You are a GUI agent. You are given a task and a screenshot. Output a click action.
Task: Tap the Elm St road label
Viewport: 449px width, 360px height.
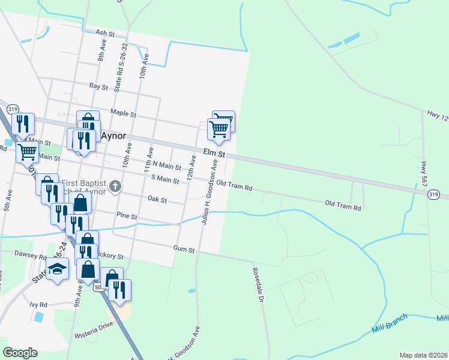pyautogui.click(x=214, y=154)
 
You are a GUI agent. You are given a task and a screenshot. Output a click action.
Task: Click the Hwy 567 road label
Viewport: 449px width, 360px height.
pyautogui.click(x=424, y=171)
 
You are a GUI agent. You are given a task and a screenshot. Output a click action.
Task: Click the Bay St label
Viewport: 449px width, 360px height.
pyautogui.click(x=98, y=87)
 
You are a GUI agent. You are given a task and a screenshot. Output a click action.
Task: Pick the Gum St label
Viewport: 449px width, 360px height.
pyautogui.click(x=184, y=249)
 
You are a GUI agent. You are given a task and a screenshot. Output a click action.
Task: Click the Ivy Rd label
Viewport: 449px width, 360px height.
pyautogui.click(x=38, y=304)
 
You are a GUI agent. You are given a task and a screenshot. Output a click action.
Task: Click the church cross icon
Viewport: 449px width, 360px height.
pyautogui.click(x=117, y=187)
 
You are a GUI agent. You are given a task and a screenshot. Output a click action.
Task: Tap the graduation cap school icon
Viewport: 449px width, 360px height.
pyautogui.click(x=57, y=269)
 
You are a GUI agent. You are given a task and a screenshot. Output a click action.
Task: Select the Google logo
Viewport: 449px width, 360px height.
pyautogui.click(x=20, y=353)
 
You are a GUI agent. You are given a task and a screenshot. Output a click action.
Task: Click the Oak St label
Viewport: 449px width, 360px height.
pyautogui.click(x=157, y=199)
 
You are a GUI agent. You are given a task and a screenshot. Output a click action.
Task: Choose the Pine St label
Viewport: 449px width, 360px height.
pyautogui.click(x=127, y=215)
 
